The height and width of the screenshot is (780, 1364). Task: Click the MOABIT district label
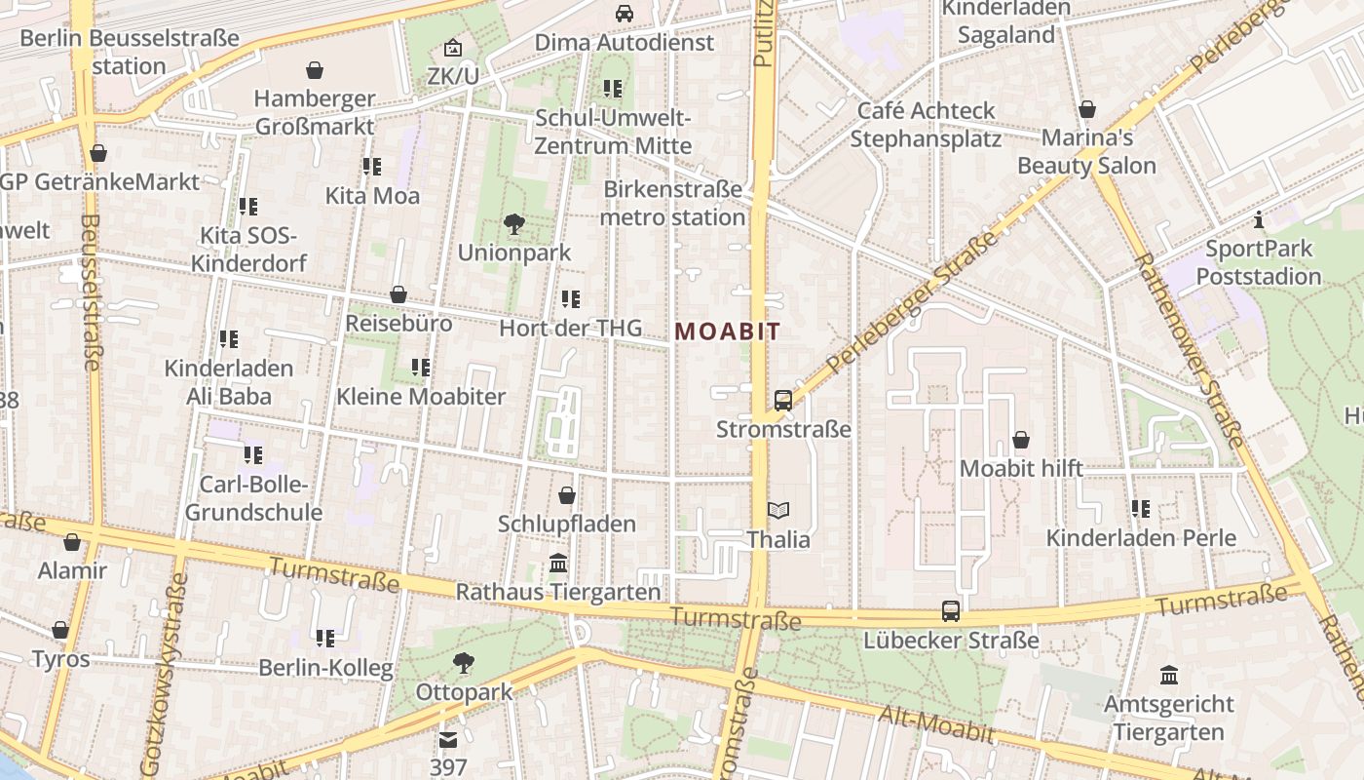coord(728,331)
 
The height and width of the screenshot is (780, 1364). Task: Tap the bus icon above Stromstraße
coord(782,401)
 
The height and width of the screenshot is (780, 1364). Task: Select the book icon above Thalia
coord(777,510)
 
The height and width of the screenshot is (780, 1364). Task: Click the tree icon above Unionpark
coord(513,224)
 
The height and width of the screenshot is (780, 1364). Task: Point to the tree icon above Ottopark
coord(464,664)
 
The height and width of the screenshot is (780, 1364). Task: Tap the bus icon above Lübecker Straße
coord(951,611)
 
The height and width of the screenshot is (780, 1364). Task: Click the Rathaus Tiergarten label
coord(558,592)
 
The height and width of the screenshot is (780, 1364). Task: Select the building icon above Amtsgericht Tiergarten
coord(1169,675)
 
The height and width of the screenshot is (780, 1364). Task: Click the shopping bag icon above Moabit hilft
coord(1021,440)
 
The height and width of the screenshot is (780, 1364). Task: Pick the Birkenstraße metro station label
coord(672,203)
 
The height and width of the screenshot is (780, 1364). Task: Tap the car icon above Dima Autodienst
coord(625,14)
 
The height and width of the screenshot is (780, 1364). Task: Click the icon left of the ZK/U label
coord(453,48)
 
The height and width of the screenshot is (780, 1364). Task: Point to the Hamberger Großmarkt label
coord(315,112)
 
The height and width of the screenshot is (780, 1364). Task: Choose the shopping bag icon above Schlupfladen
coord(567,495)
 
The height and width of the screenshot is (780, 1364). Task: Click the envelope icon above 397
coord(448,740)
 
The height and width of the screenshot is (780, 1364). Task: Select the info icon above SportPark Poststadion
coord(1259,219)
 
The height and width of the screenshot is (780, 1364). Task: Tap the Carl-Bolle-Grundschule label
coord(253,498)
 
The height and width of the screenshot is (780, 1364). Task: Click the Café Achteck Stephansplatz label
coord(926,124)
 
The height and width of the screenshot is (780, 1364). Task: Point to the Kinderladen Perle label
coord(1141,537)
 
